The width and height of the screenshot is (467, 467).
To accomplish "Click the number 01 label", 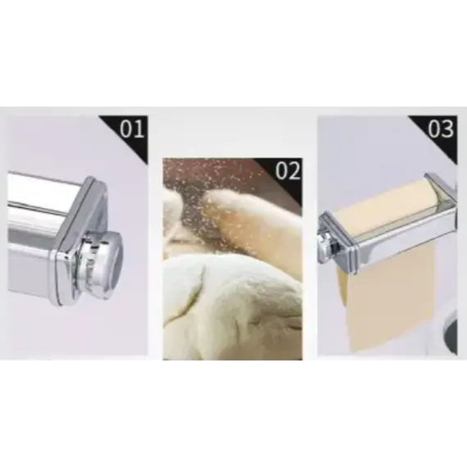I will [131, 129].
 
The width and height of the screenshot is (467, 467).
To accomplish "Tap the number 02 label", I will [288, 171].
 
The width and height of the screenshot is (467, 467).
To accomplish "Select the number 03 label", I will [442, 129].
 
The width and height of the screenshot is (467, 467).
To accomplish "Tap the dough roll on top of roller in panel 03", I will [385, 209].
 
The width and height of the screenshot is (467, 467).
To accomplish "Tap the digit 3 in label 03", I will [447, 129].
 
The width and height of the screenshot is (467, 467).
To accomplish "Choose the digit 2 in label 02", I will [293, 171].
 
